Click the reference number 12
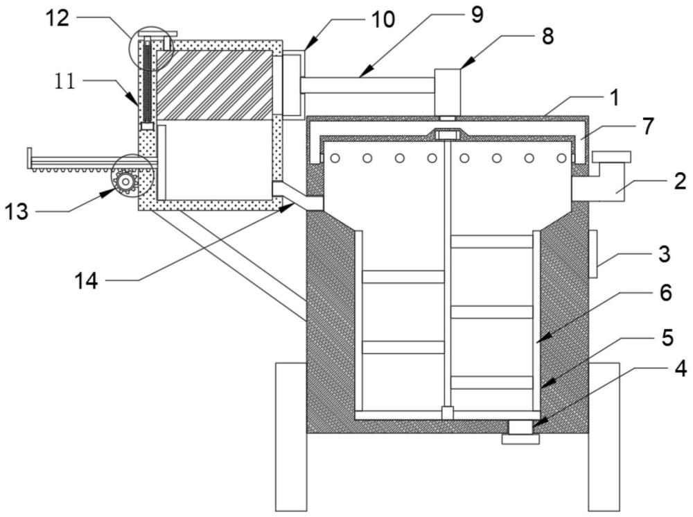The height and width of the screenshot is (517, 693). point(58,19)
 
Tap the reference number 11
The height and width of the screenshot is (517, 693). point(65,82)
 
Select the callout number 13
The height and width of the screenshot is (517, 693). point(17,212)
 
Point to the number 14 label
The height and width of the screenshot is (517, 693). point(86,280)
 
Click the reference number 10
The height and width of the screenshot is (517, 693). point(383,20)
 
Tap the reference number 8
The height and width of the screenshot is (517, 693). point(547,36)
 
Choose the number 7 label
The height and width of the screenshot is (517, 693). point(647,126)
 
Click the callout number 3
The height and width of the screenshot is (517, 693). point(664,255)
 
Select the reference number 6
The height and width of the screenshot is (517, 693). point(665,293)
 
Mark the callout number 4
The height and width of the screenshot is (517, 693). point(681,368)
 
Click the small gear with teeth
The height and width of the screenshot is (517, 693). point(126,181)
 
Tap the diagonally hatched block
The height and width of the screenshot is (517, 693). point(214,85)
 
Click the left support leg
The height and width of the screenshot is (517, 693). point(291,437)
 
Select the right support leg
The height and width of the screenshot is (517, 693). point(604,437)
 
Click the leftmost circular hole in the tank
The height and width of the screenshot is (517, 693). point(335,158)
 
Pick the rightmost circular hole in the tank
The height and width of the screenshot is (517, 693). point(561,158)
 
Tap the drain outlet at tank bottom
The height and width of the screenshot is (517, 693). point(520,432)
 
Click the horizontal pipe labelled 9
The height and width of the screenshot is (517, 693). point(367,85)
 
